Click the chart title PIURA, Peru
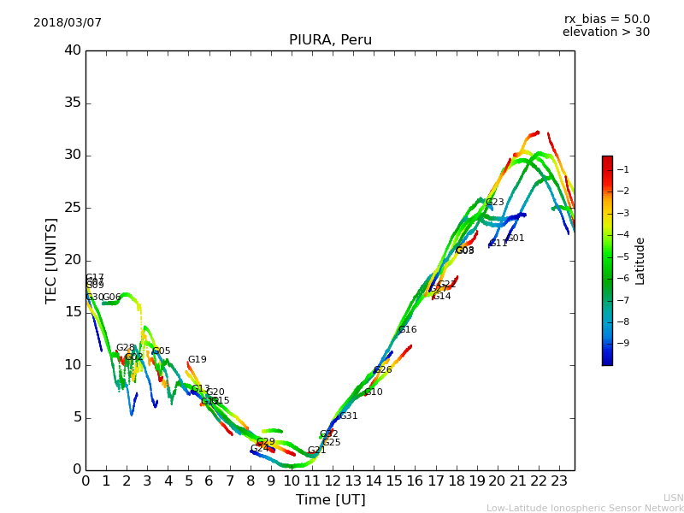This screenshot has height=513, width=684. (x=330, y=40)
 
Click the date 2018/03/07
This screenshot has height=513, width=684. (x=68, y=23)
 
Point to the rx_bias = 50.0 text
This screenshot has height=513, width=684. (x=606, y=19)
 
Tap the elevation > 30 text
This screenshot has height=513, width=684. (x=605, y=32)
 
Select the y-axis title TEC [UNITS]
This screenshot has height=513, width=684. (x=52, y=260)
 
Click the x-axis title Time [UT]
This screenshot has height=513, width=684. (x=330, y=500)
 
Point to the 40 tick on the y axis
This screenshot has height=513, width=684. (x=73, y=50)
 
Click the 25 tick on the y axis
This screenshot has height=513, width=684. (x=73, y=208)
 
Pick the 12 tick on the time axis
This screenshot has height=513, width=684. (x=333, y=481)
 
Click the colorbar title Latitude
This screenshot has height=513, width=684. (x=640, y=261)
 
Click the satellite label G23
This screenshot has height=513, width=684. (x=494, y=203)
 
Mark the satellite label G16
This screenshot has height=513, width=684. (x=408, y=330)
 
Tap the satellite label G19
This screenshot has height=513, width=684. (x=197, y=360)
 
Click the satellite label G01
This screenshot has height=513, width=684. (x=515, y=239)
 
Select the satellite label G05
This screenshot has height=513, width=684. (x=161, y=351)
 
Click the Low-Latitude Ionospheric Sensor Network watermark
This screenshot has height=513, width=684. (x=585, y=509)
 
